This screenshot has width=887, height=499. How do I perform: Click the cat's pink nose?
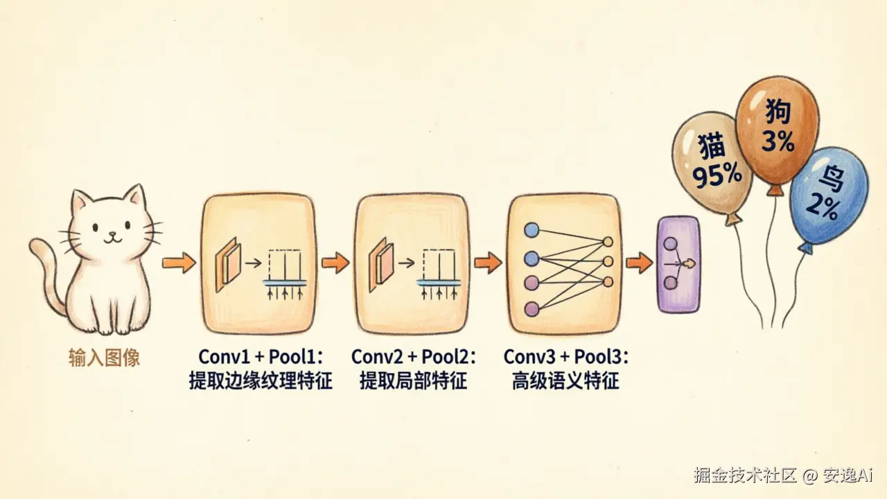coord(112,234)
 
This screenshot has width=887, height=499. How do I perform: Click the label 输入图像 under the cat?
coord(104,358)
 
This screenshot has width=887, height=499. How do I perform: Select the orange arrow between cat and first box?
coord(179,262)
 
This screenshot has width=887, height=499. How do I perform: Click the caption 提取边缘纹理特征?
coord(261,381)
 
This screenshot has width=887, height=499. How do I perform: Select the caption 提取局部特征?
coord(414,381)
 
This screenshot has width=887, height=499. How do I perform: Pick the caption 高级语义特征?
coord(565,381)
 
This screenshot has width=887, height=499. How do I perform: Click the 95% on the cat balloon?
coord(717,175)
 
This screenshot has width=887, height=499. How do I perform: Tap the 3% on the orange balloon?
coord(778,141)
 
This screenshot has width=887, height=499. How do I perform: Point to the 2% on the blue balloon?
coord(823,207)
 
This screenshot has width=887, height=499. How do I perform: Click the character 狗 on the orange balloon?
coord(778,112)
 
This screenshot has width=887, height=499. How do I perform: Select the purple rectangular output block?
coord(678,264)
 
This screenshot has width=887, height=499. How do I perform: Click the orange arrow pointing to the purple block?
coord(639,262)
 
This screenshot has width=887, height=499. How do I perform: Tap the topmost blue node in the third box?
coord(532,230)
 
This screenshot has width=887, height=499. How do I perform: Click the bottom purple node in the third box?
coord(532,309)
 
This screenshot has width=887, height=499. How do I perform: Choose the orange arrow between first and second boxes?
coord(335,262)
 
